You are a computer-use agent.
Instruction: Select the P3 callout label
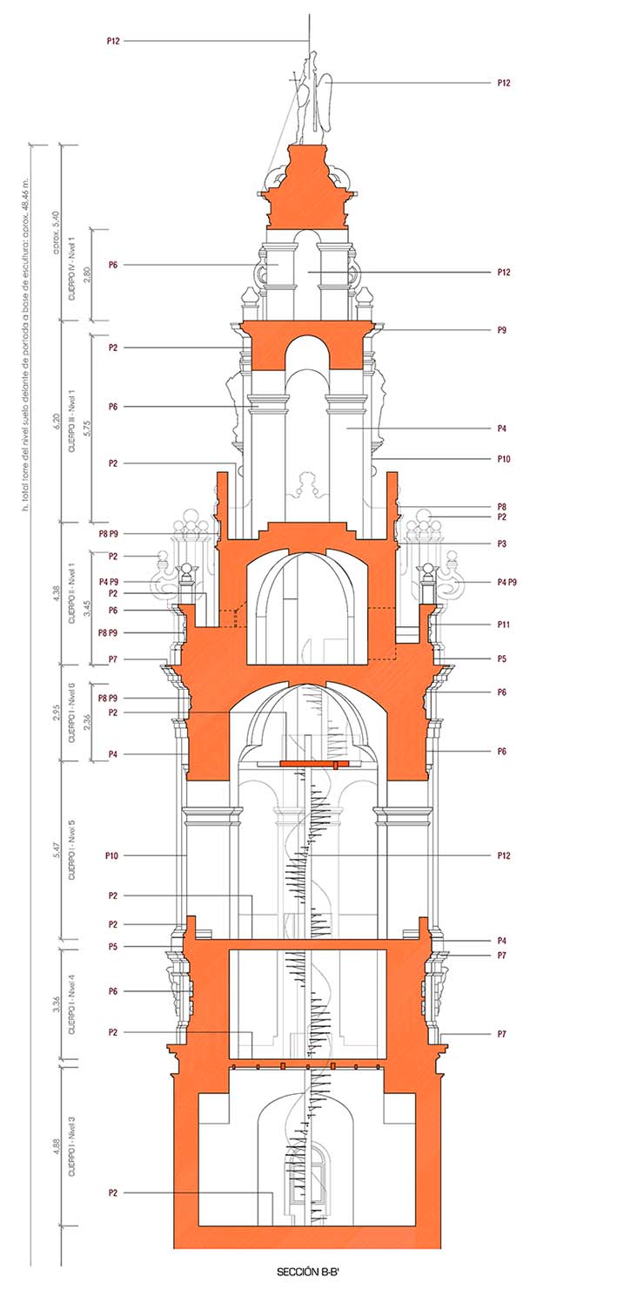point(502,544)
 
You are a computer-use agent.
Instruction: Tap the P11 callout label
point(504,625)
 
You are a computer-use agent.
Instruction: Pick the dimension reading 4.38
point(56,591)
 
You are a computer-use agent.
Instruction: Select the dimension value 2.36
point(84,721)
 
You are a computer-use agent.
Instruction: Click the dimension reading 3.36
point(56,1006)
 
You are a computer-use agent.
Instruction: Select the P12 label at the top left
point(112,41)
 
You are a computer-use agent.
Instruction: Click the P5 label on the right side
point(502,659)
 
